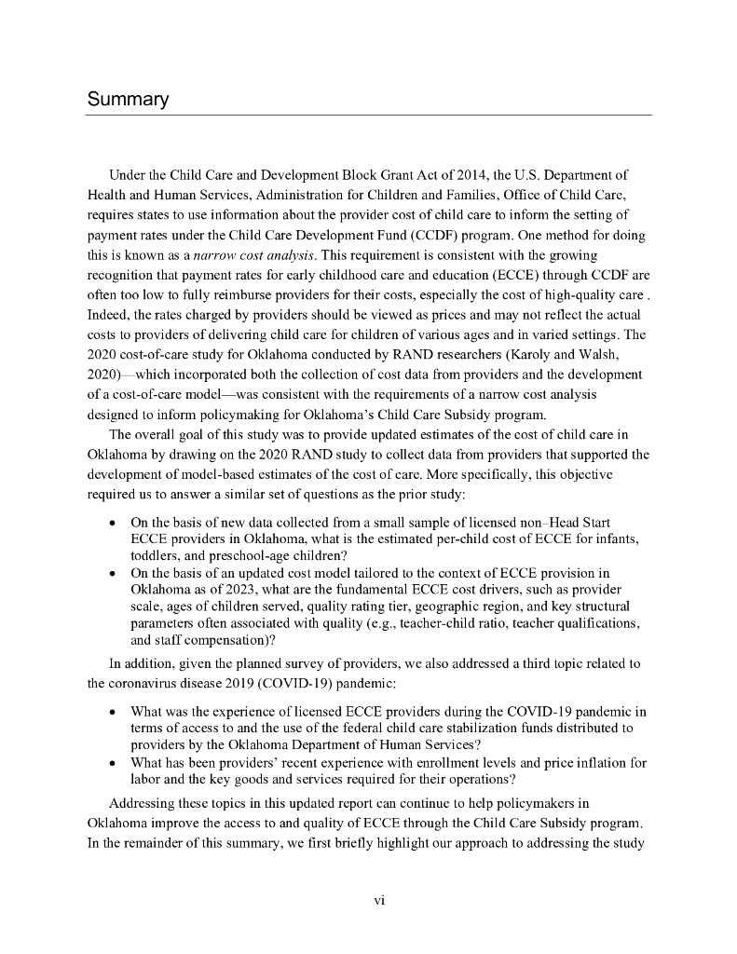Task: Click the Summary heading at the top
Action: [x=127, y=98]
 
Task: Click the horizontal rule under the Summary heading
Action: [x=367, y=116]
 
